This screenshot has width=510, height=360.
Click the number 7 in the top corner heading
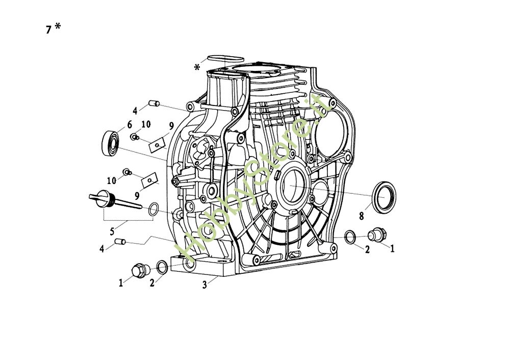click(x=48, y=30)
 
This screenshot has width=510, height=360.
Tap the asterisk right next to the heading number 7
click(x=58, y=28)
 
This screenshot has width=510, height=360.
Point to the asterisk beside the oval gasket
click(x=197, y=67)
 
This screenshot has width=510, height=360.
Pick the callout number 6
click(x=130, y=124)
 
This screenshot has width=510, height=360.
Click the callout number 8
click(x=361, y=216)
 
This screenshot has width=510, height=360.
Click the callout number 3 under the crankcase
click(x=205, y=285)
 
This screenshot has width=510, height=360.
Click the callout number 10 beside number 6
click(x=146, y=124)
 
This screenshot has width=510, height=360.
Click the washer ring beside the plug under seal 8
click(x=351, y=236)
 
